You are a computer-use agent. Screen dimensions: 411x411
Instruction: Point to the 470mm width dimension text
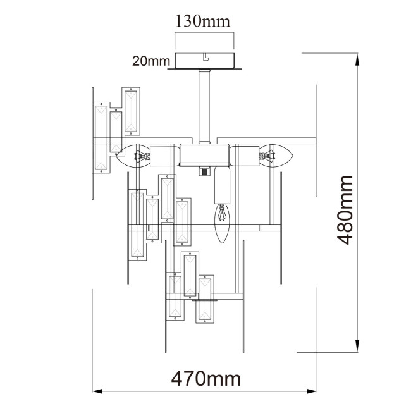206,379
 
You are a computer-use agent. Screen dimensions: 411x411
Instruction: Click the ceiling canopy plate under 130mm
205,62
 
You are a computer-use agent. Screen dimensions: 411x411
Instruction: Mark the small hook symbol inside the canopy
205,58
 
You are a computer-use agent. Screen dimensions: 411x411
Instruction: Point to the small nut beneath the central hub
204,171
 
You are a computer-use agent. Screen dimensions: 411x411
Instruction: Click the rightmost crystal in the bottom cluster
206,300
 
